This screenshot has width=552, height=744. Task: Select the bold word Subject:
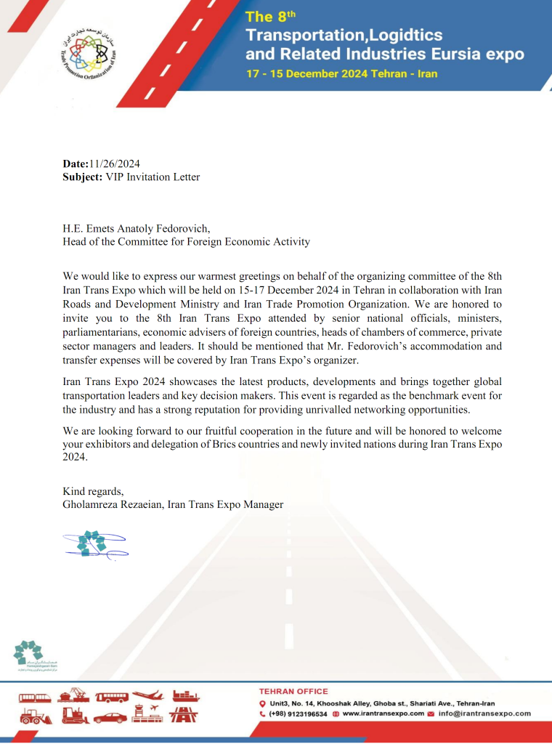point(82,177)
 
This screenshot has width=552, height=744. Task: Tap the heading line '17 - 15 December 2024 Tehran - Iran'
point(341,75)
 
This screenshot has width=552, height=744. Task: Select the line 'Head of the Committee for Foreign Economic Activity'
point(186,241)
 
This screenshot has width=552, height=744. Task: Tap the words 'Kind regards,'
point(93,491)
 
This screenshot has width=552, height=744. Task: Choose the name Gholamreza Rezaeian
point(112,504)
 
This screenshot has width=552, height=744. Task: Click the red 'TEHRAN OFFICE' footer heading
point(293,691)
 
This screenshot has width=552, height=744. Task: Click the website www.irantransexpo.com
point(383,713)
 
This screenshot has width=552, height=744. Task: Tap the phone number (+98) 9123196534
point(298,713)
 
